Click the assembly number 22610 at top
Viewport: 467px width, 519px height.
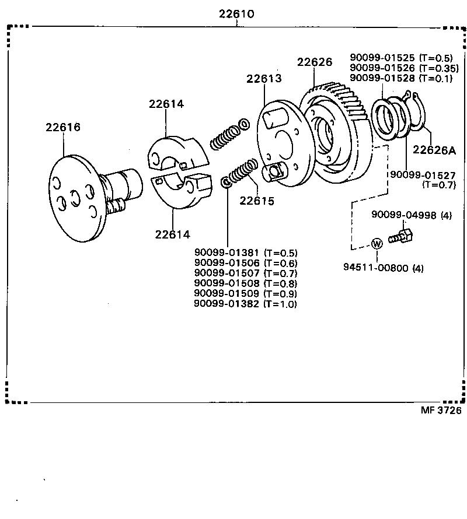236,13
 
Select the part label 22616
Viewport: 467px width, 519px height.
63,127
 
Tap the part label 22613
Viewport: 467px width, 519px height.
263,79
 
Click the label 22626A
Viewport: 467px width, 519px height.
434,150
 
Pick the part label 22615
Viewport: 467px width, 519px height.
256,201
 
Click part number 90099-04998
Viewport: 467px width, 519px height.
403,215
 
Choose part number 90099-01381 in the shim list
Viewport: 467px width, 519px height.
226,253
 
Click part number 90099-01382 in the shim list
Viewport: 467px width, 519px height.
226,304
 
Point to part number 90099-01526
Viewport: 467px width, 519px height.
382,68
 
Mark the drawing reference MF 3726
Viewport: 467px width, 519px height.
441,410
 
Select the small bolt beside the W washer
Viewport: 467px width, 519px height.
402,236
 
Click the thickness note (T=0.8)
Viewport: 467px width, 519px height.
280,283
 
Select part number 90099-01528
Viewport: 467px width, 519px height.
382,78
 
